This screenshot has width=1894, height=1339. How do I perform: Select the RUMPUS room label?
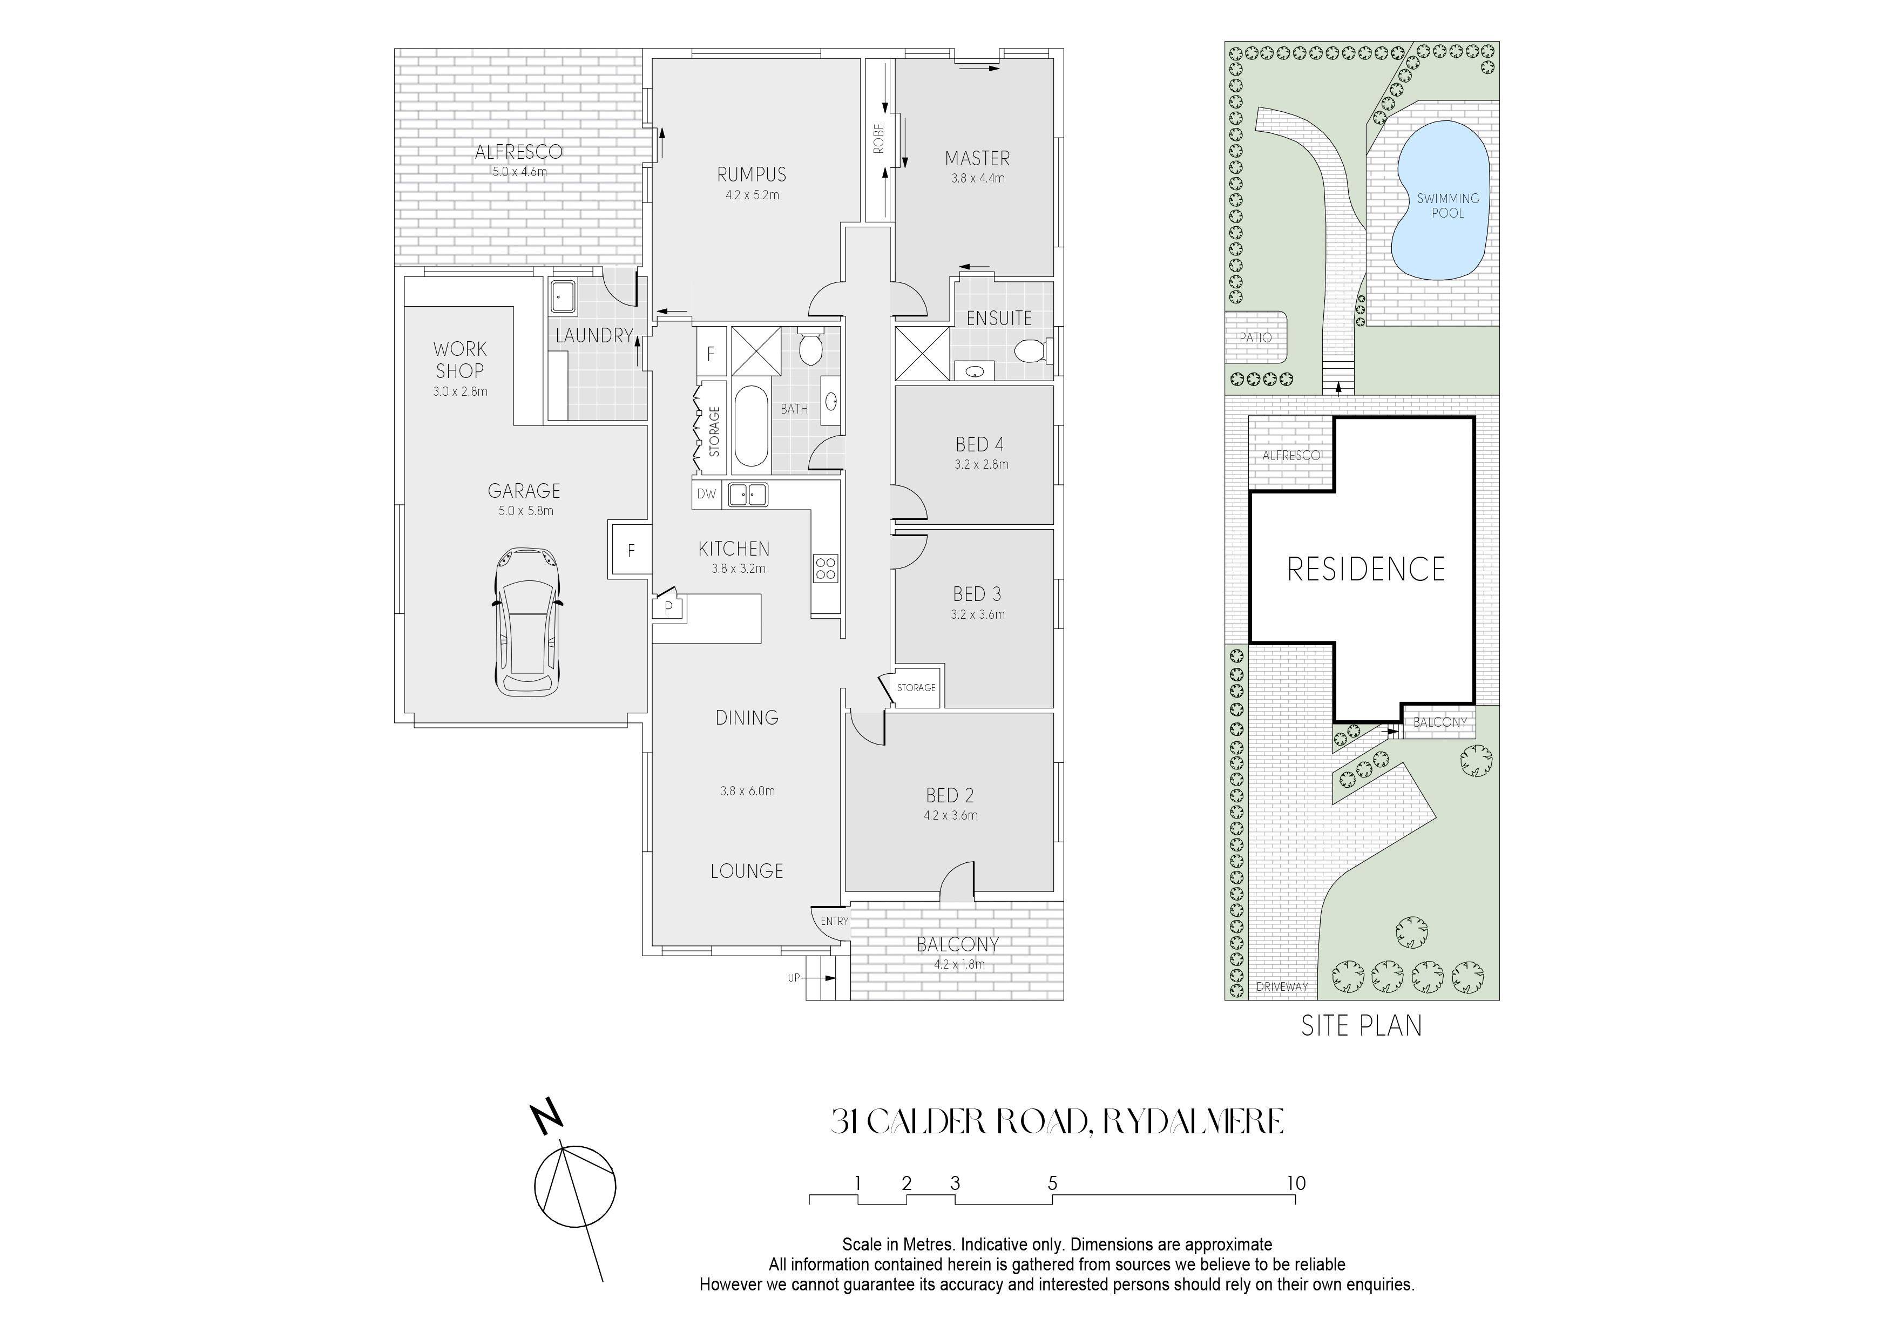point(752,175)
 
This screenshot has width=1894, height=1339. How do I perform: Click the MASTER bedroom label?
point(978,158)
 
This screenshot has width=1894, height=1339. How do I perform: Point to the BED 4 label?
point(980,445)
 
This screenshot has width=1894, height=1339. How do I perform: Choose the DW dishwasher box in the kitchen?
point(707,494)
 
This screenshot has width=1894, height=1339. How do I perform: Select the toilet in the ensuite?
point(1031,352)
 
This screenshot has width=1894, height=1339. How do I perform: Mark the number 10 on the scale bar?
point(1296,1183)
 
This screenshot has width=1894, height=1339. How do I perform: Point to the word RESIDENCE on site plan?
point(1366,569)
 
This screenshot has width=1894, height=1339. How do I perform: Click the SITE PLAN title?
point(1362,1025)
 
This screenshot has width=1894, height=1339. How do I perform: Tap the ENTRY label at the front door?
point(834,921)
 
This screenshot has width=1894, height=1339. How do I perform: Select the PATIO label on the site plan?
point(1255,337)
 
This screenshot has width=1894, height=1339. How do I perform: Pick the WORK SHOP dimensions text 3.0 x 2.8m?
point(461,392)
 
